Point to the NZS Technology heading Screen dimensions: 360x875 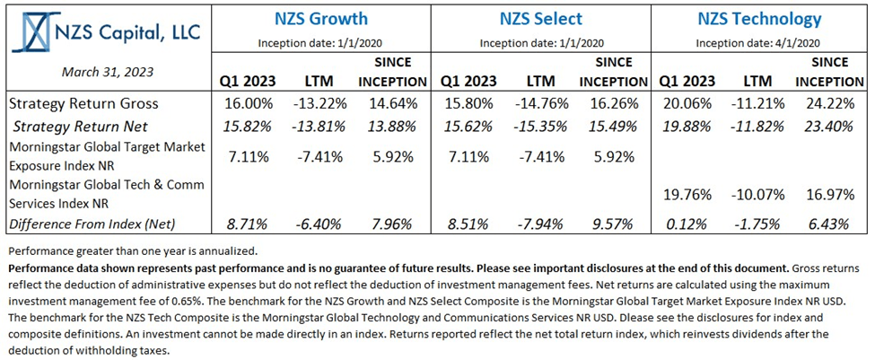pos(759,18)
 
